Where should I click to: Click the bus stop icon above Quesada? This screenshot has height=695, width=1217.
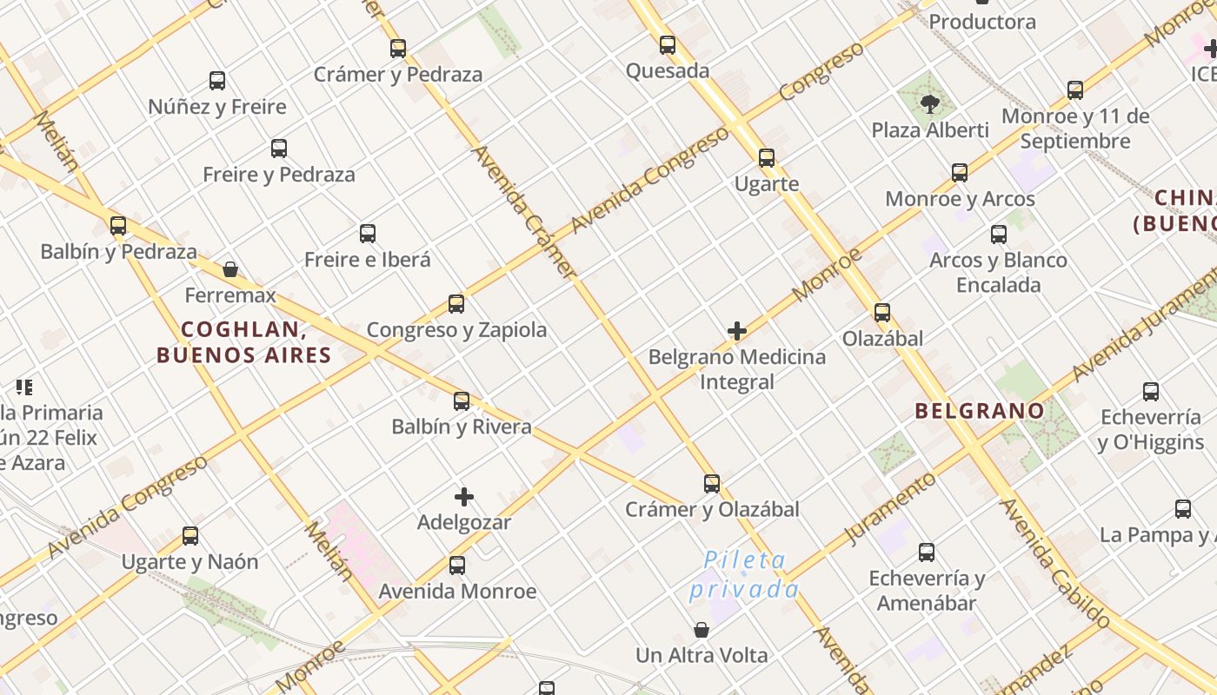[668, 45]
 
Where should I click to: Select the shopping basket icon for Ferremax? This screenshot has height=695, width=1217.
[230, 269]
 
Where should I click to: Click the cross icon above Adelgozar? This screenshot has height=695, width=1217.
[464, 497]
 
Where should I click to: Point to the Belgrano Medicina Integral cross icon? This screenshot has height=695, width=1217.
[737, 331]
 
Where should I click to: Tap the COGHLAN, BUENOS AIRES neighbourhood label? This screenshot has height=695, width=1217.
[244, 342]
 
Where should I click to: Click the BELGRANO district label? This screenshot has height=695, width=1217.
[980, 411]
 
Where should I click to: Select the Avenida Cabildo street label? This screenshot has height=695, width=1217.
[1054, 563]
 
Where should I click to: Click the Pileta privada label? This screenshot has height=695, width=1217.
[744, 574]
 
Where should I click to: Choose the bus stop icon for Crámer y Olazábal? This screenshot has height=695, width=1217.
[712, 484]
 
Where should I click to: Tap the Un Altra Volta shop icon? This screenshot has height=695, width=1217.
[702, 630]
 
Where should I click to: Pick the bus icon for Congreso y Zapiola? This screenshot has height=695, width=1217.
[456, 304]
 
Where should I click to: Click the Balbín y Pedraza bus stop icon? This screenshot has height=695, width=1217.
[118, 226]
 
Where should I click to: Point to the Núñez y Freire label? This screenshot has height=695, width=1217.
[217, 107]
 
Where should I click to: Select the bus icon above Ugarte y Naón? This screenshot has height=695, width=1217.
[190, 536]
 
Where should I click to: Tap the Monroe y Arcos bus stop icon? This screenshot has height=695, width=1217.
[960, 173]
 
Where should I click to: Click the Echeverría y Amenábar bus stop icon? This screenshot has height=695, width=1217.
[927, 553]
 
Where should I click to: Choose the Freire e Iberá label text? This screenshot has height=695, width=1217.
[367, 259]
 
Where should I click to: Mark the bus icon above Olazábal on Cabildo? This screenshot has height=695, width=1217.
[882, 313]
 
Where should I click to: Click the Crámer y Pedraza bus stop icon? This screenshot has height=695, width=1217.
[398, 49]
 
